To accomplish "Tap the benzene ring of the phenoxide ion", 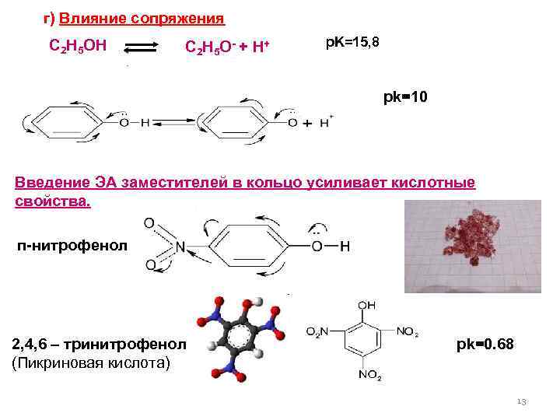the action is click(x=227, y=123).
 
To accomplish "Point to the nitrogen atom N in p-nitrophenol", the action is click(x=180, y=247).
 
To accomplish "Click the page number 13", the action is click(x=521, y=401).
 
